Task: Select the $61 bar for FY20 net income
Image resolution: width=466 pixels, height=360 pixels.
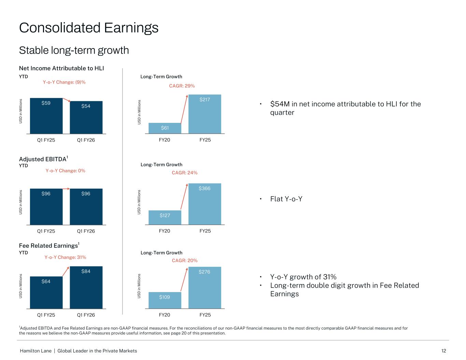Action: (x=165, y=128)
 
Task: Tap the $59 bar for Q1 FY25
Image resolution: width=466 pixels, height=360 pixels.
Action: (x=46, y=116)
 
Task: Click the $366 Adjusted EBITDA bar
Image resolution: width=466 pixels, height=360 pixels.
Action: (x=205, y=204)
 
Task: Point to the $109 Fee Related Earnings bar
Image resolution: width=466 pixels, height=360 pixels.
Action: (x=165, y=300)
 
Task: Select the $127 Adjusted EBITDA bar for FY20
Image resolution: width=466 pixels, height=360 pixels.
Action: (x=165, y=217)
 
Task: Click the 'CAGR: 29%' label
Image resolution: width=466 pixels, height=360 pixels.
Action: (x=182, y=86)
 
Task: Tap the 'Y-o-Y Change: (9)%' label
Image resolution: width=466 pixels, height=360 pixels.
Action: (x=64, y=82)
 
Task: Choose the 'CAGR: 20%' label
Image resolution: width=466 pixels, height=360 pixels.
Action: (x=184, y=261)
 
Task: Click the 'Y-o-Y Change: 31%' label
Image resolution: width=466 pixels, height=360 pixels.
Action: (x=65, y=257)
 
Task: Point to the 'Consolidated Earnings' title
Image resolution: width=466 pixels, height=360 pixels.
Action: (x=89, y=28)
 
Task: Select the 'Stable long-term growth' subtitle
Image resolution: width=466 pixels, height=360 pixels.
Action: (x=74, y=51)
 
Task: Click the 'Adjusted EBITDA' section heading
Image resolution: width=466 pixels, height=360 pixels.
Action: (x=43, y=159)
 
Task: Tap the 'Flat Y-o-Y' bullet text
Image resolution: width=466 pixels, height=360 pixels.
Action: (x=286, y=199)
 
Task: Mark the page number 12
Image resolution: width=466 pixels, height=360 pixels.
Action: (x=443, y=351)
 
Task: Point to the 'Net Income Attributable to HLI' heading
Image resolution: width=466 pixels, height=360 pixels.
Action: (x=61, y=68)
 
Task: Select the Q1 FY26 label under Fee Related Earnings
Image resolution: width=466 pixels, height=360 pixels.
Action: (x=86, y=315)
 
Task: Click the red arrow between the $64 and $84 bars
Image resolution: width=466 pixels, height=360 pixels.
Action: (x=66, y=271)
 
